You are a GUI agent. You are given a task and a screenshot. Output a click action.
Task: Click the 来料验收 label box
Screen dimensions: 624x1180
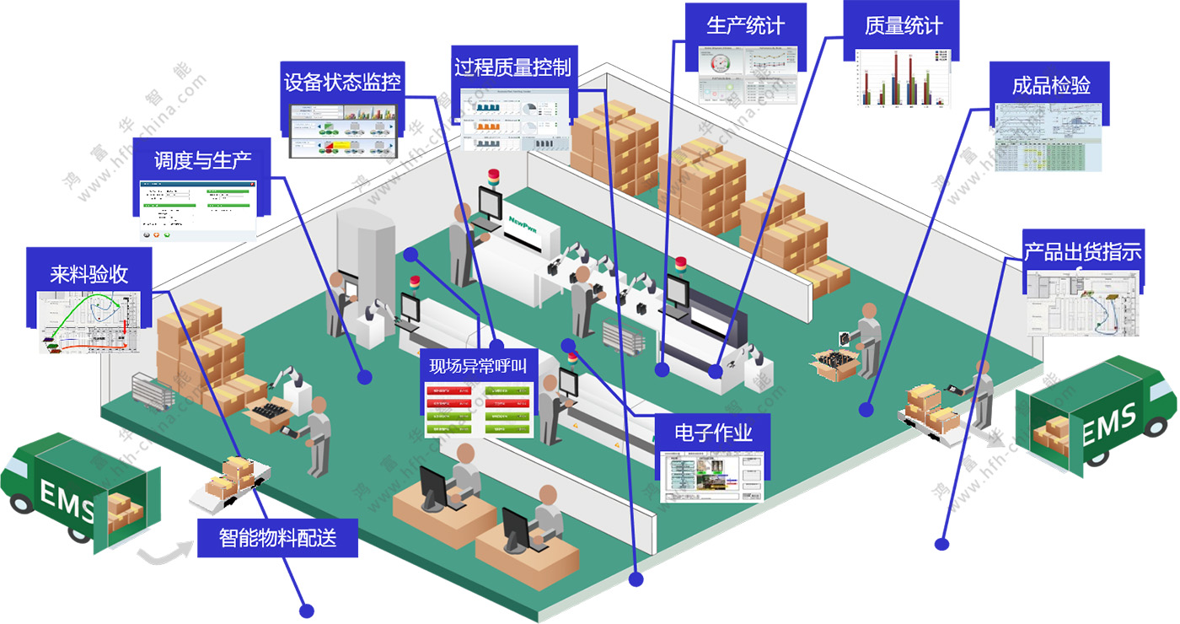pos(88,273)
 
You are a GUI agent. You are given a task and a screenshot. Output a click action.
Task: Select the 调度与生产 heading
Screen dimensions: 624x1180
pos(202,160)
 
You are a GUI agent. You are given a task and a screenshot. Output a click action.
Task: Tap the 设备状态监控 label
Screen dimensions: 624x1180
pos(342,83)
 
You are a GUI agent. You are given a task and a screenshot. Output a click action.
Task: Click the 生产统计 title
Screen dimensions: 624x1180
pos(745,25)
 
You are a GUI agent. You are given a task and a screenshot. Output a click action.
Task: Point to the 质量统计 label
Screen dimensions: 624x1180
pos(904,25)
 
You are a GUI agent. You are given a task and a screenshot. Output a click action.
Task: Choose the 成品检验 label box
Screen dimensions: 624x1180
pos(1051,85)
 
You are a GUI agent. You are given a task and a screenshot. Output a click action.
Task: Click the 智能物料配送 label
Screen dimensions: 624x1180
pos(277,537)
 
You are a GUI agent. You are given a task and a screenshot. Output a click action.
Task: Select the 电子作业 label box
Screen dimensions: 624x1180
pos(713,433)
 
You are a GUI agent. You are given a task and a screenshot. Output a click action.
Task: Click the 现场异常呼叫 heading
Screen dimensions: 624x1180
pos(478,366)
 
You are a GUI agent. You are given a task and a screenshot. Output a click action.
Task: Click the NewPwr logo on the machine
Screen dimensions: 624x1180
pos(528,222)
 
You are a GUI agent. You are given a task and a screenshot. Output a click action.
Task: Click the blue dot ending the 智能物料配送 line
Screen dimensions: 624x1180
pos(307,610)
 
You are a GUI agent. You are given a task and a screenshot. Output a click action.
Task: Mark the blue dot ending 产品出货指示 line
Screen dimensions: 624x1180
pos(941,544)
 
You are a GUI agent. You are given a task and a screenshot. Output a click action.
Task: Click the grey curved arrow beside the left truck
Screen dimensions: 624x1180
pos(165,552)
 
